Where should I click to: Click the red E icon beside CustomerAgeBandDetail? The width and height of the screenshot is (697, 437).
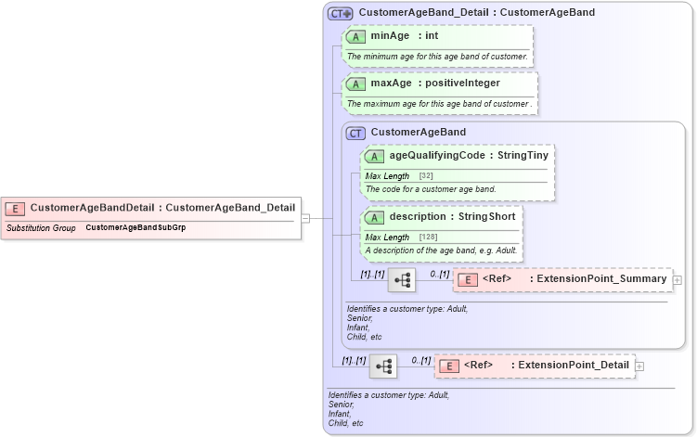[x=16, y=208]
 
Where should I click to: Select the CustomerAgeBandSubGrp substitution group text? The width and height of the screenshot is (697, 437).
[x=136, y=227]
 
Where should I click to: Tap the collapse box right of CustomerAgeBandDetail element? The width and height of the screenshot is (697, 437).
[x=305, y=218]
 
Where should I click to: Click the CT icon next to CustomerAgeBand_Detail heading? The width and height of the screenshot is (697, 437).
[x=341, y=13]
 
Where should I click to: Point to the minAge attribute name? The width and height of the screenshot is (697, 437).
[x=391, y=36]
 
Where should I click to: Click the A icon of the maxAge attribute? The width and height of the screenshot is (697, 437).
[x=356, y=84]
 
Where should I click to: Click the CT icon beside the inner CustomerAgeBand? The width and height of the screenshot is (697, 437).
[x=355, y=133]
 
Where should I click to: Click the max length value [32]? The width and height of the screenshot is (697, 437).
[x=426, y=175]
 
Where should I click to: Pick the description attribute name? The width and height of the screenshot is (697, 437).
[x=418, y=216]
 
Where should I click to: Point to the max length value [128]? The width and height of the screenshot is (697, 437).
[x=428, y=237]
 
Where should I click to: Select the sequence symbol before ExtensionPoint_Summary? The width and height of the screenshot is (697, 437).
[x=402, y=278]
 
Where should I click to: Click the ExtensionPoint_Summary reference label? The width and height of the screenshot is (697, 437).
[x=598, y=278]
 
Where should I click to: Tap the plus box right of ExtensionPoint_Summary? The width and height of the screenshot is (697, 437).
[x=677, y=279]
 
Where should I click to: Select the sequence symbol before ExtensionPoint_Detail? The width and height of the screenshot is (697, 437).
[x=383, y=366]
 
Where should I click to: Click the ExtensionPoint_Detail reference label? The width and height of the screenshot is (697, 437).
[x=574, y=366]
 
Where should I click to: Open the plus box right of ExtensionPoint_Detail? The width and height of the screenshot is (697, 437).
[x=639, y=366]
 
